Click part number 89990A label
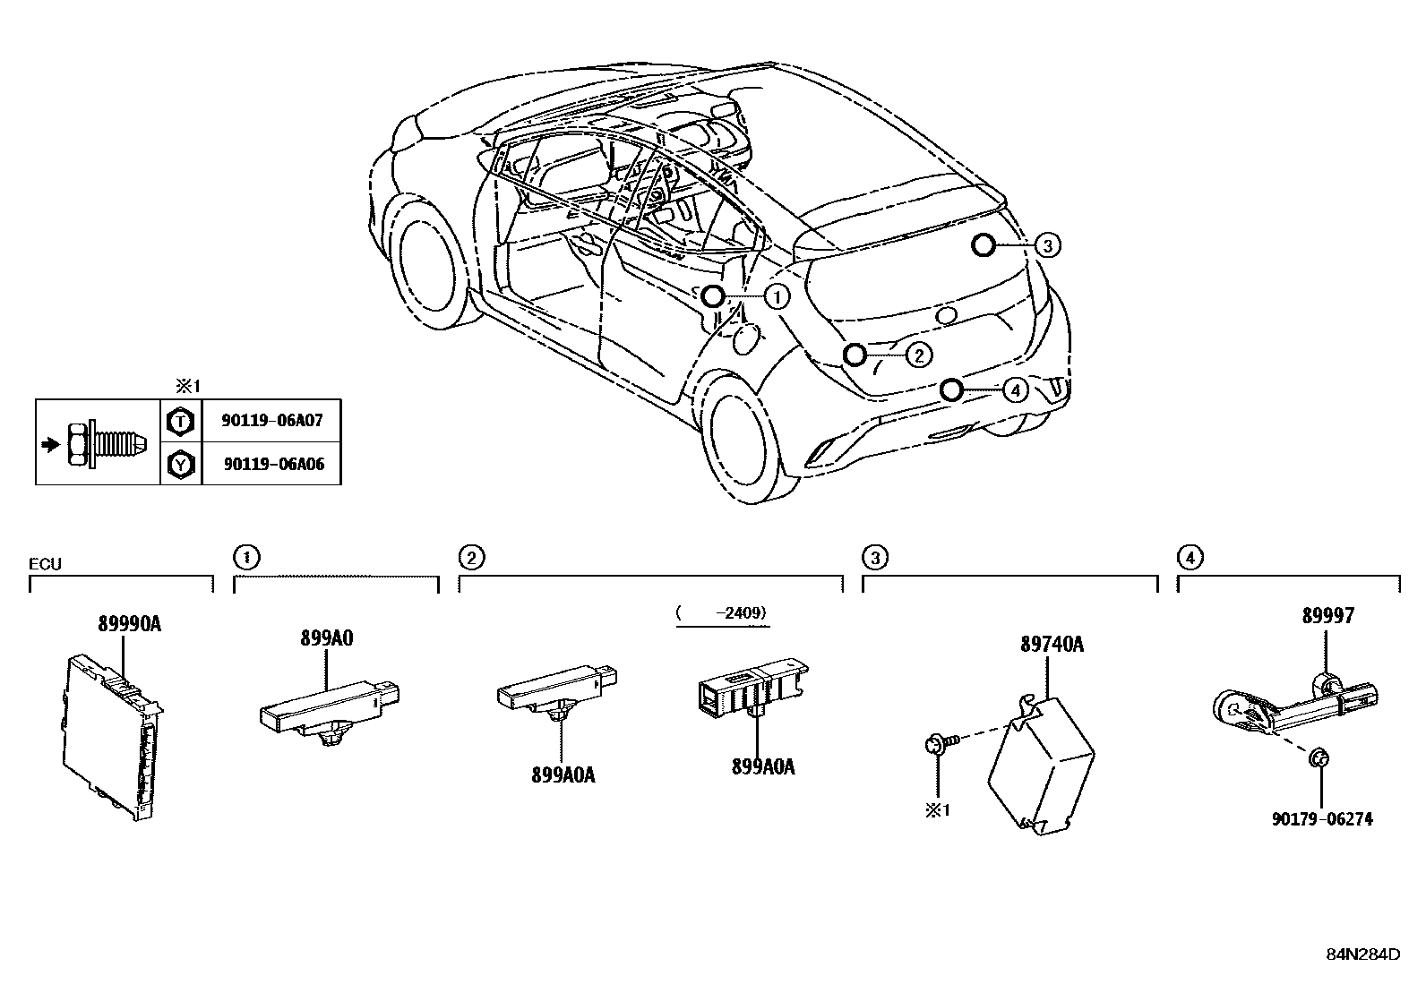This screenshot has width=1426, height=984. pos(129,625)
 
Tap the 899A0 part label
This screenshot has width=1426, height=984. pos(326,638)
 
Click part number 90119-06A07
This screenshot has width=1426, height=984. pos(272,420)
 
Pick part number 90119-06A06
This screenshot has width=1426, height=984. pos(272,464)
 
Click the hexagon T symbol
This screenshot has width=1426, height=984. pos(181,420)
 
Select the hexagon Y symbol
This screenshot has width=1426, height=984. pos(181,464)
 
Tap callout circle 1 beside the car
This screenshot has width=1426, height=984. pos(777,296)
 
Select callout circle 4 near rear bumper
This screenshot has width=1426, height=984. pos(1014,390)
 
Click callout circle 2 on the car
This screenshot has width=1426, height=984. pos(919,355)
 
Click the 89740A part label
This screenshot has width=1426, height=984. pos(1052,644)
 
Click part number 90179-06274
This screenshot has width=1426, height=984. pos(1322,818)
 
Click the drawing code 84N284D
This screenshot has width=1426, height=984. pos(1362,954)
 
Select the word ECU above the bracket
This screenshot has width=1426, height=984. pos(45,564)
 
